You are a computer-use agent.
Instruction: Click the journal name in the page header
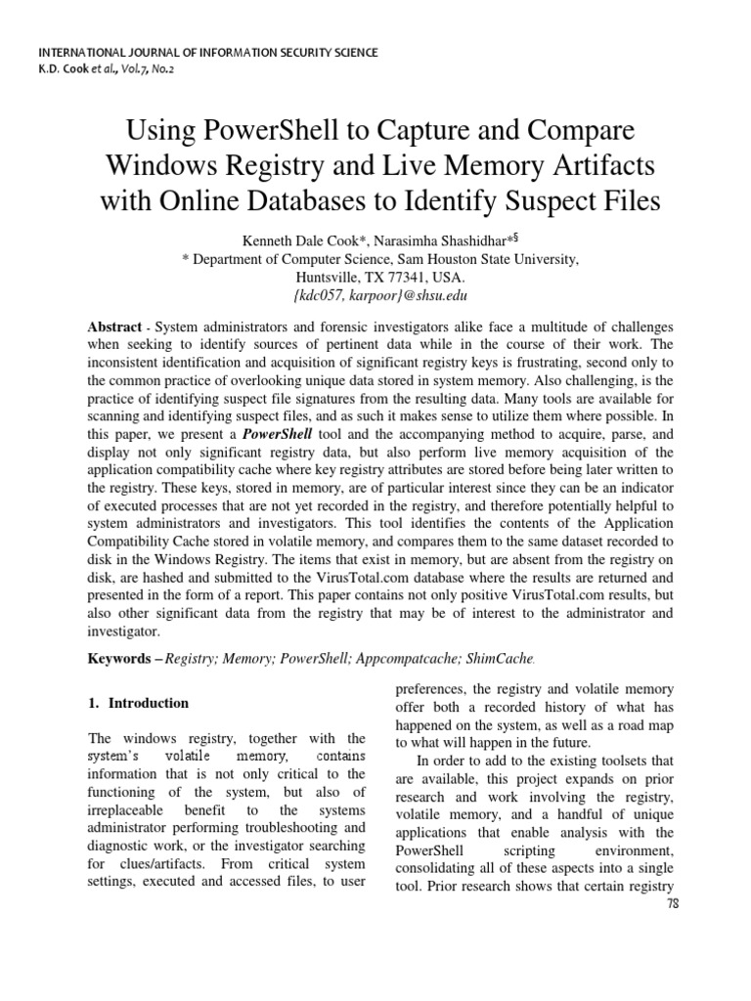click(x=206, y=51)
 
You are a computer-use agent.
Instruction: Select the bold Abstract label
click(x=115, y=326)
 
